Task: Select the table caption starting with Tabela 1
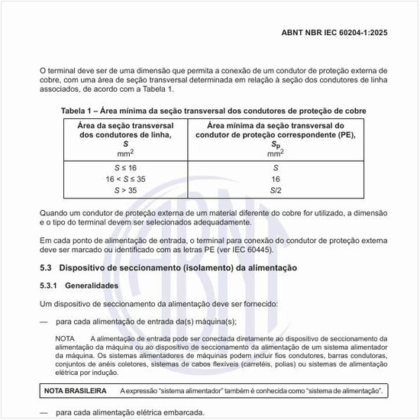tap(213, 111)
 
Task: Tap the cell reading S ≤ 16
tap(126, 167)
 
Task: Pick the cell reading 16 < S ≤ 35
tap(126, 178)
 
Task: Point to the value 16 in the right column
tap(276, 178)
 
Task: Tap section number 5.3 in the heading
tap(44, 268)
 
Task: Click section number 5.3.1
tap(49, 286)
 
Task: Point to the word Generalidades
tap(92, 286)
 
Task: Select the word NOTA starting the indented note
tap(65, 338)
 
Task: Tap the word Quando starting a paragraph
tap(53, 213)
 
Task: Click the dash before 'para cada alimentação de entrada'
tap(44, 321)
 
